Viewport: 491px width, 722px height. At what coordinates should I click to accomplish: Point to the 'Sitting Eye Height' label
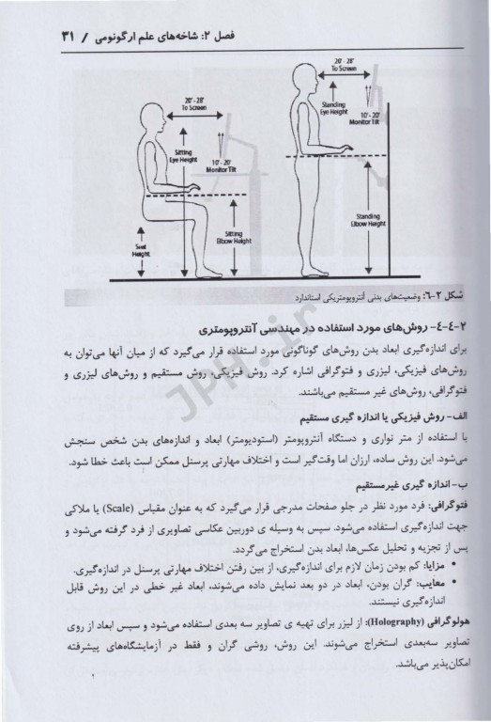(x=181, y=156)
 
